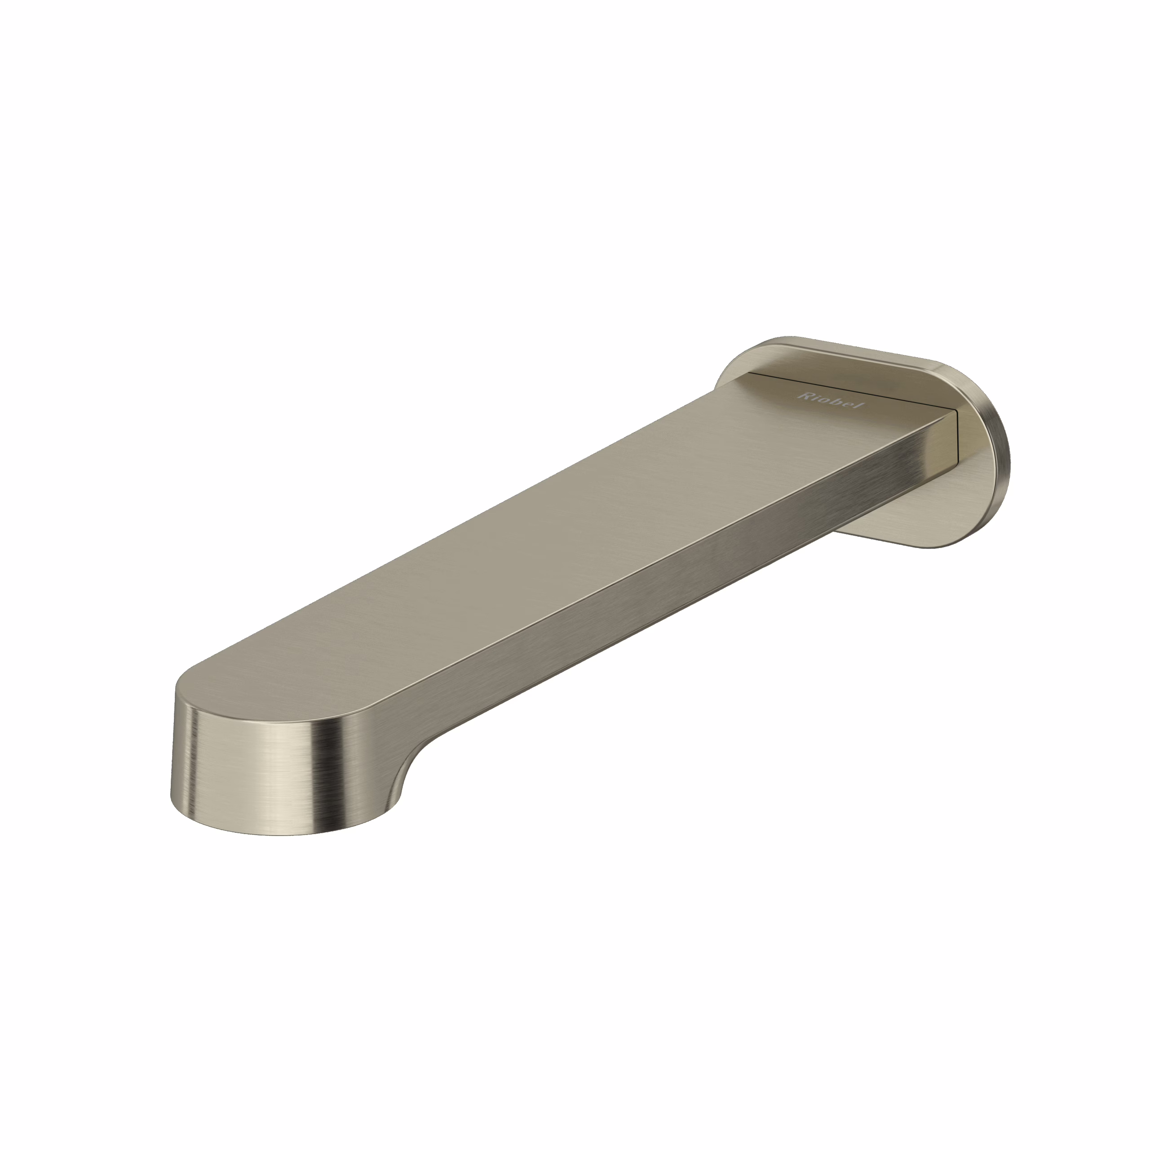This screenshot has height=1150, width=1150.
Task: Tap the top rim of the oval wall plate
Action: coord(845,345)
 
